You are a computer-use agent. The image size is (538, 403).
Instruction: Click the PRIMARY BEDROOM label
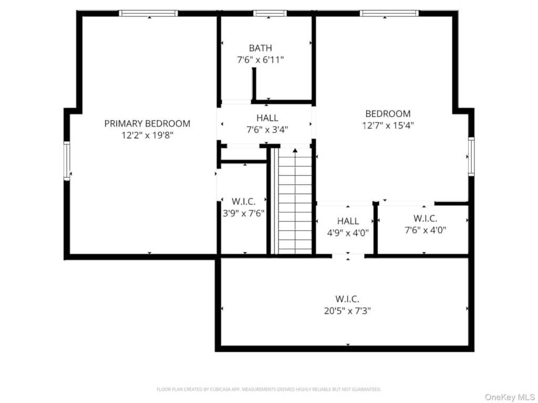147,123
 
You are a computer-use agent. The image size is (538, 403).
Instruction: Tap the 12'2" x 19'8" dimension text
147,135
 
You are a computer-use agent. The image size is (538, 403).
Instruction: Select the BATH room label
261,48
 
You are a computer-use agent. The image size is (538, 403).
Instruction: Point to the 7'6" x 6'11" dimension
261,60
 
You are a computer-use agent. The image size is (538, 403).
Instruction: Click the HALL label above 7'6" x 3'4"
267,118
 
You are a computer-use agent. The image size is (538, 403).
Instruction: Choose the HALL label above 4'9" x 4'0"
348,221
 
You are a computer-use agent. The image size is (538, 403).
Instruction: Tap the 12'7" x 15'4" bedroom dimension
388,125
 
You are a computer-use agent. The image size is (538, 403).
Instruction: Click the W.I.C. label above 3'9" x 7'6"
243,201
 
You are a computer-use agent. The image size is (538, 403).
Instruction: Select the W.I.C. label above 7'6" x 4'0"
425,218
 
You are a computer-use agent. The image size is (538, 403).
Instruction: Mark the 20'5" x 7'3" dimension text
347,310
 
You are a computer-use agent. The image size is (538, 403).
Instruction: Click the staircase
295,210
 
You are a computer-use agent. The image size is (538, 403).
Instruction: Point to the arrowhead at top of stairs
295,151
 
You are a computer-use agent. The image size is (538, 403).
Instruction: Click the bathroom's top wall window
270,13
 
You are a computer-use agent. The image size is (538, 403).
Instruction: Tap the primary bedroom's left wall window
67,161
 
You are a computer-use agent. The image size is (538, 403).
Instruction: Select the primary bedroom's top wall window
149,13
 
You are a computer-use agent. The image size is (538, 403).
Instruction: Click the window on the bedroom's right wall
471,156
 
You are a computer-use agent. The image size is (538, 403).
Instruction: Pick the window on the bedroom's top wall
389,13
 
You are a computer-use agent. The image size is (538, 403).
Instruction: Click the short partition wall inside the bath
254,84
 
